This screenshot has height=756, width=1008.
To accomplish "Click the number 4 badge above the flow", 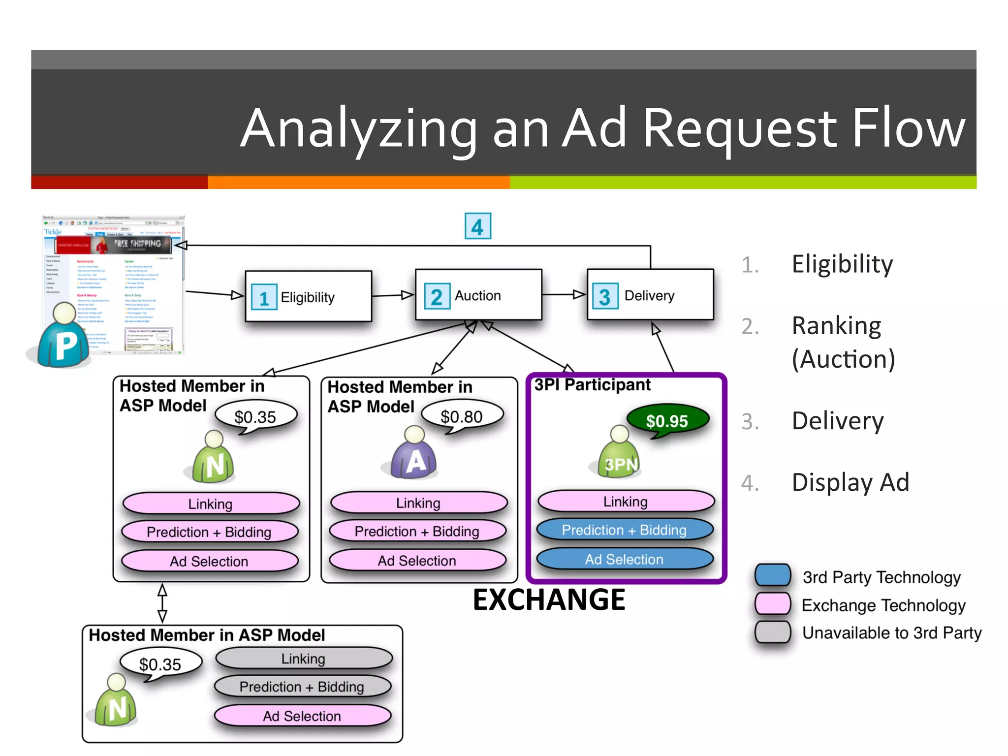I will [x=477, y=226].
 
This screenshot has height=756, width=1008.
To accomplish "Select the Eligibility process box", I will [x=308, y=296].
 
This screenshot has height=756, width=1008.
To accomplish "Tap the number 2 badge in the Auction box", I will [x=437, y=296].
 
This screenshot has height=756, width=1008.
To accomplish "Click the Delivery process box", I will [x=650, y=295].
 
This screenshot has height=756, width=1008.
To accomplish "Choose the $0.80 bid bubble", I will [x=462, y=416].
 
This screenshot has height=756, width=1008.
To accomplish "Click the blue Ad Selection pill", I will [x=624, y=559].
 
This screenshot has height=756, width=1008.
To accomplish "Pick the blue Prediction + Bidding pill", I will [x=624, y=530].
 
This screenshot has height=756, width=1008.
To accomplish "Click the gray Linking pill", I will [x=303, y=659].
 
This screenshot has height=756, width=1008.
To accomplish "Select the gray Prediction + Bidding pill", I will [x=302, y=687].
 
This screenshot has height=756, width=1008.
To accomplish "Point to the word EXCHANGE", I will [x=548, y=599].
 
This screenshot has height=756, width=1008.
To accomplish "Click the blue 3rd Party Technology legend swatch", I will [x=773, y=575].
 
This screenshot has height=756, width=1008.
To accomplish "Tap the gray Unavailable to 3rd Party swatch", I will [x=773, y=632].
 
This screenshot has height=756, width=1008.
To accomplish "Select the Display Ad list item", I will [x=850, y=482].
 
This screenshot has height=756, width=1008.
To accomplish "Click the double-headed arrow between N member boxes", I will [x=162, y=603].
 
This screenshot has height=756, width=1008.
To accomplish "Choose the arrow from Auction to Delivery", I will [x=564, y=295].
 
